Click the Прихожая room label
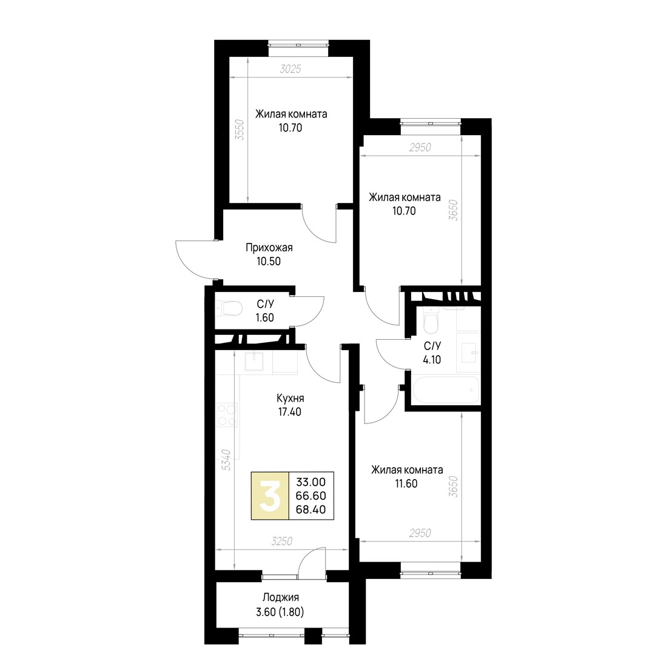tap(269, 247)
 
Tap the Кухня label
tap(290, 398)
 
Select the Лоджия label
tap(281, 597)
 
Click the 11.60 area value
tap(406, 484)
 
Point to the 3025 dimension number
tap(291, 69)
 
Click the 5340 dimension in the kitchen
tap(226, 460)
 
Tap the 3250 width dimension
tap(282, 541)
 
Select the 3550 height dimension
tap(240, 130)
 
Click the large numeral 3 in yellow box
tap(270, 495)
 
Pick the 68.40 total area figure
tap(311, 509)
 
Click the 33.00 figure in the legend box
tap(311, 482)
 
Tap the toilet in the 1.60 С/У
tap(229, 308)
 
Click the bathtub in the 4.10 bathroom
tap(446, 389)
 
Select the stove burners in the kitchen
tap(227, 415)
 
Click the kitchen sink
tap(255, 362)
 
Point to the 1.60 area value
tap(264, 317)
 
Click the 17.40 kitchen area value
tap(290, 412)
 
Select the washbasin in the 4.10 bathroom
tap(470, 351)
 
